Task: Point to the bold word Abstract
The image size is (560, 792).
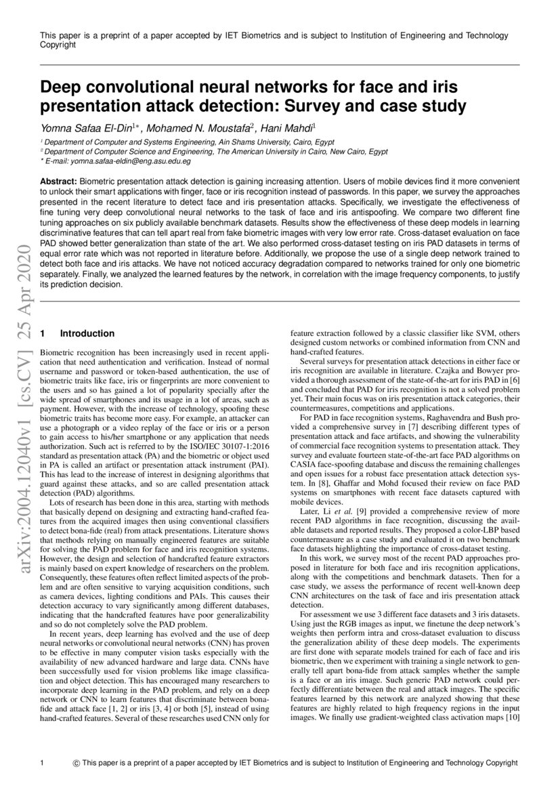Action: [58, 183]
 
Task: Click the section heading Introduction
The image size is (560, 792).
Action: [87, 333]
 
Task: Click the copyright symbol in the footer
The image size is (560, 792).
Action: [76, 763]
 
